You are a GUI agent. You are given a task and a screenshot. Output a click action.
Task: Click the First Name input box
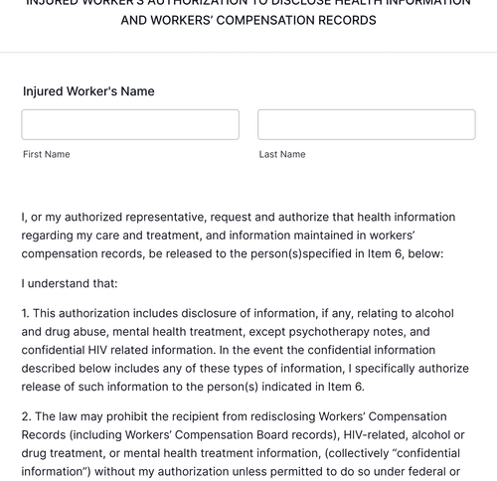[130, 124]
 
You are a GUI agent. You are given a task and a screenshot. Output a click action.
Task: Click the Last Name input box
[366, 124]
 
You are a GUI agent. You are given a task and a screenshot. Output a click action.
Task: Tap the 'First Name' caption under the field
[47, 155]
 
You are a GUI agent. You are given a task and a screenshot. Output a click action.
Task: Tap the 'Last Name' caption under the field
[282, 155]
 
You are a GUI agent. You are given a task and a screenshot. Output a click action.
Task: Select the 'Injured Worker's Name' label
[88, 91]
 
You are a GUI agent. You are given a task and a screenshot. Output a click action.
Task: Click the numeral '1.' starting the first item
[26, 313]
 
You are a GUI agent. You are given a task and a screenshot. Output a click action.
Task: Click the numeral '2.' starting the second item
[27, 416]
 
